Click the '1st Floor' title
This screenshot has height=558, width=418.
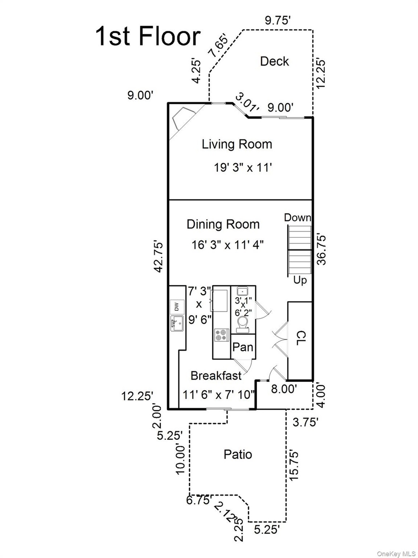(x=148, y=36)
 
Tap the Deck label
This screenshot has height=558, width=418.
(x=274, y=61)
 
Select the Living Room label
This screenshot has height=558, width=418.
(x=237, y=144)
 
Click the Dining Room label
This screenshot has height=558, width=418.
(x=223, y=224)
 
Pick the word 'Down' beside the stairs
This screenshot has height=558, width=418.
(x=297, y=218)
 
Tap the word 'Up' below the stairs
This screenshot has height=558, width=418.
(x=300, y=280)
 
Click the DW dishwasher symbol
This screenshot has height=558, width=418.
(x=177, y=307)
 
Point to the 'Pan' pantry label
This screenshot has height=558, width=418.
(x=242, y=347)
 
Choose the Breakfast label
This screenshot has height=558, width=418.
(x=216, y=376)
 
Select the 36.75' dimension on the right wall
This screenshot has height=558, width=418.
(x=321, y=250)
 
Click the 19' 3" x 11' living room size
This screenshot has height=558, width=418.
(x=243, y=168)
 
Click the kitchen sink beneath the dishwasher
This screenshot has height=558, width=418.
(x=177, y=323)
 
